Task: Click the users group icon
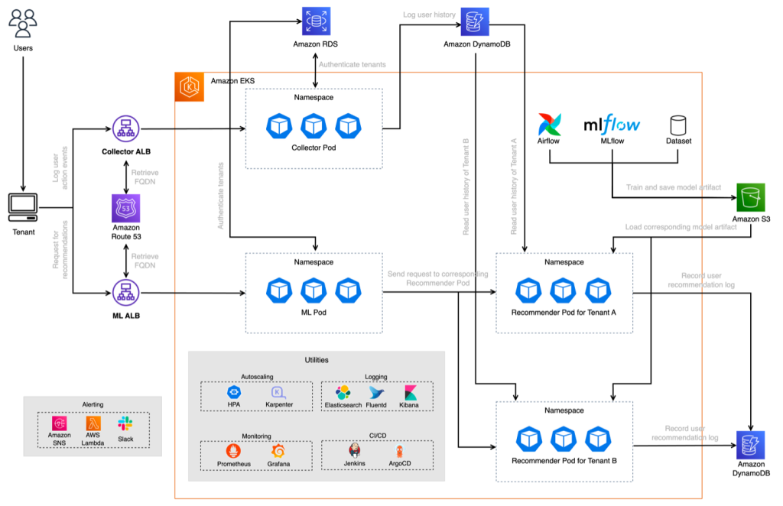[22, 24]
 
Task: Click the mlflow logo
[612, 125]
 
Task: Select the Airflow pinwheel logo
[549, 125]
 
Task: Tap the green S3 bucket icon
[750, 197]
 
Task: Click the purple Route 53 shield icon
[126, 208]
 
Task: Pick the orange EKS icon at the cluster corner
[190, 86]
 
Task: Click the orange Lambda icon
[93, 423]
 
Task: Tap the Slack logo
[125, 423]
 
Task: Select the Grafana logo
[278, 451]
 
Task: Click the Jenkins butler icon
[355, 450]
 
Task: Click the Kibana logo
[411, 393]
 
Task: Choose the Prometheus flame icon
[233, 451]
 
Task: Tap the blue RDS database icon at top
[316, 21]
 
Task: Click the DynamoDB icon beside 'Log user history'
[475, 22]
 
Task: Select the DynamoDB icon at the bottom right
[750, 445]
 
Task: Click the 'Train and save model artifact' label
[673, 187]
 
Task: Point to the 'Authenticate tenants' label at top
[352, 65]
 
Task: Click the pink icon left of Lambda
[60, 423]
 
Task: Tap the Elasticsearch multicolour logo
[343, 393]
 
